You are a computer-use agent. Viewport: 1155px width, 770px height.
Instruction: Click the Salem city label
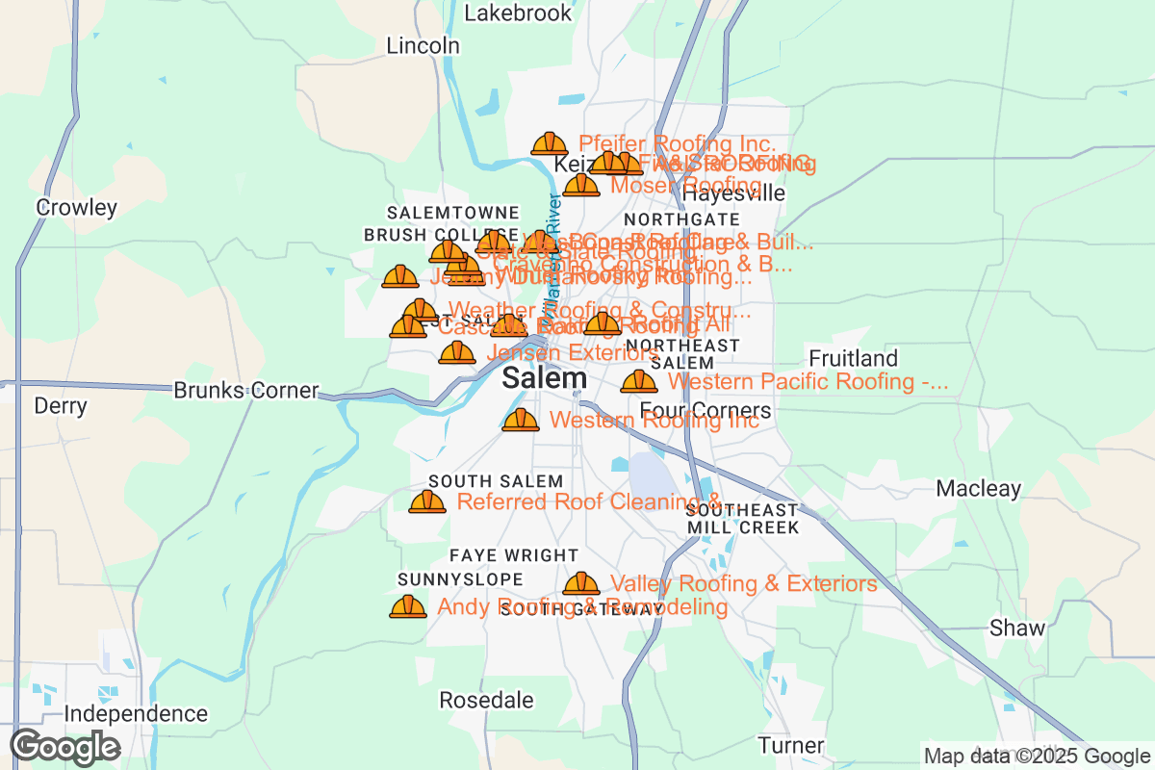coord(544,377)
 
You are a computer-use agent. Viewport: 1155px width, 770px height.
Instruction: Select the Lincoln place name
coord(423,45)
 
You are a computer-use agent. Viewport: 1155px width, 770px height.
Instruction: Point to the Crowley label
coord(76,207)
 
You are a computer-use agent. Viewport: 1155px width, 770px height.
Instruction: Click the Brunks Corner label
coord(245,391)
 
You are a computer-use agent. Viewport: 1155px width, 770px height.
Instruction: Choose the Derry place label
coord(61,405)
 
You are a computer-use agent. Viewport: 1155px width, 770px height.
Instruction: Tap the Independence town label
coord(136,713)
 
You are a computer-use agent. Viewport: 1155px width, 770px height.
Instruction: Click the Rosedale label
coord(486,700)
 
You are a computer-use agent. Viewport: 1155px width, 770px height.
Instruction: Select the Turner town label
coord(790,745)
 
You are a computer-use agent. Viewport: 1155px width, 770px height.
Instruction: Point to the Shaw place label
coord(1017,629)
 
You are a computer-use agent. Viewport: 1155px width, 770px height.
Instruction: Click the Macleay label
coord(979,488)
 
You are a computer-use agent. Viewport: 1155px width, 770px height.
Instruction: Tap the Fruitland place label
coord(853,359)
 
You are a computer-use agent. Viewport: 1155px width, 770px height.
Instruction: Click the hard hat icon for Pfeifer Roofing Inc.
coord(550,144)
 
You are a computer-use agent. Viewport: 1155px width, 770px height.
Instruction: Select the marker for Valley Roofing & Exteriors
coord(581,583)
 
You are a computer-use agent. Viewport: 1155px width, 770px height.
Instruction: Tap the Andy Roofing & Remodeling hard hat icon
coord(408,606)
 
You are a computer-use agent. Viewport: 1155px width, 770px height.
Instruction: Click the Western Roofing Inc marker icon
coord(521,420)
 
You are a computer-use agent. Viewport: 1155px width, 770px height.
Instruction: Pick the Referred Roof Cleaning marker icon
coord(427,501)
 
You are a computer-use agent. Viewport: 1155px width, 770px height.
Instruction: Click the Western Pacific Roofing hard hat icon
coord(638,381)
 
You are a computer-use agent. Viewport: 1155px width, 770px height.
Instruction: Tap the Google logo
coord(65,747)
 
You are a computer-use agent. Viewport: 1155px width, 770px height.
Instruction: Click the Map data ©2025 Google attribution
coord(1036,756)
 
